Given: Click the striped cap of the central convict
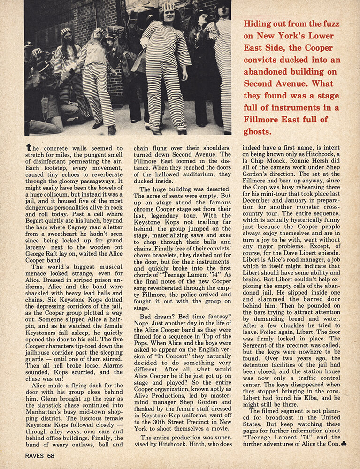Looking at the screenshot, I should click(x=169, y=6).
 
